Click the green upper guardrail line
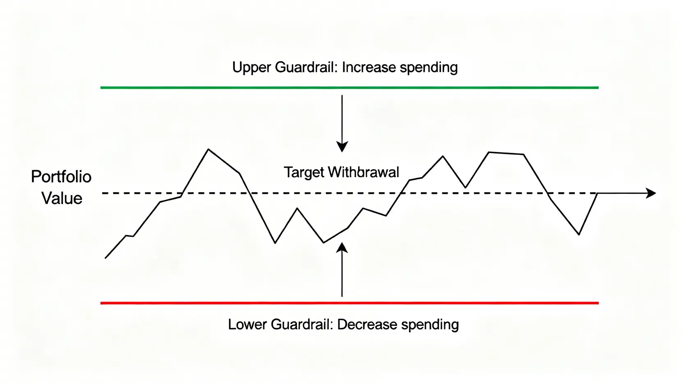(349, 88)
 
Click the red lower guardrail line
(349, 303)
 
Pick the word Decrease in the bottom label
(367, 324)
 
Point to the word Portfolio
(61, 177)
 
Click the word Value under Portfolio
(62, 198)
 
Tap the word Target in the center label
(304, 173)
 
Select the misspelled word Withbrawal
(363, 172)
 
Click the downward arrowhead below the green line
(342, 147)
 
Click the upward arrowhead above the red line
(342, 248)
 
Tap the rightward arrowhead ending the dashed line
(651, 193)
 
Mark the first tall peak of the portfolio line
(209, 149)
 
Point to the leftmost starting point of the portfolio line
(106, 258)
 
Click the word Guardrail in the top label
(306, 67)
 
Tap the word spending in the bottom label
(430, 325)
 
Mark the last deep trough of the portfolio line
(579, 234)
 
